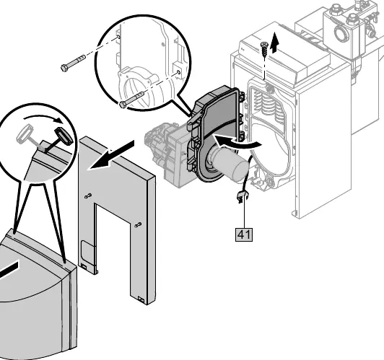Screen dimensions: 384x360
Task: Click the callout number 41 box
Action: click(244, 234)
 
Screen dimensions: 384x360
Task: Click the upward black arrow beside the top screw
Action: click(275, 43)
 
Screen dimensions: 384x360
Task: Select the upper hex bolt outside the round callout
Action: click(73, 63)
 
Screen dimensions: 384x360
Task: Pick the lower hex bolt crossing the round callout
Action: click(131, 100)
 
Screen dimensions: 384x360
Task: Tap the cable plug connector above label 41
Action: click(242, 197)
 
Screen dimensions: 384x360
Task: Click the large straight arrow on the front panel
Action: click(111, 154)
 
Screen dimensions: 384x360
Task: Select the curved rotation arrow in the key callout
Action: click(43, 118)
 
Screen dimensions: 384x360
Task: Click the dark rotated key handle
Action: click(64, 136)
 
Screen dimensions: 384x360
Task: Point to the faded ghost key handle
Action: click(25, 133)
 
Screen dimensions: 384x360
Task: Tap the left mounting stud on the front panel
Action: click(88, 196)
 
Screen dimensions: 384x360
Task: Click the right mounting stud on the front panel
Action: click(139, 224)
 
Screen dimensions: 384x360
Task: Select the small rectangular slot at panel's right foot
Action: click(141, 299)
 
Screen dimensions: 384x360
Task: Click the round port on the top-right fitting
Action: click(341, 32)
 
